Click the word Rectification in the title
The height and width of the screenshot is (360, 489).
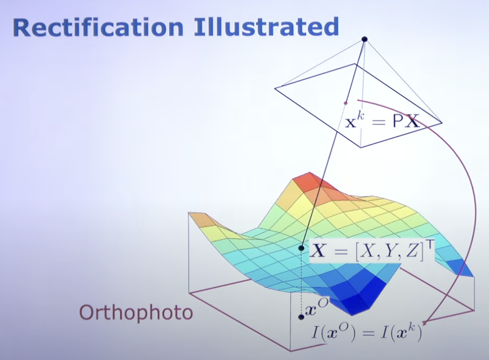pyautogui.click(x=98, y=27)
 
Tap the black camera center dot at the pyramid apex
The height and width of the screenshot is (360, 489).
pyautogui.click(x=364, y=39)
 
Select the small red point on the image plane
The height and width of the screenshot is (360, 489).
pyautogui.click(x=346, y=103)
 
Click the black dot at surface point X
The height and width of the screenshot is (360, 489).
pyautogui.click(x=301, y=248)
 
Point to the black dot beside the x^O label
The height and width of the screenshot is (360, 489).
pyautogui.click(x=301, y=317)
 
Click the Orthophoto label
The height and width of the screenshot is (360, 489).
pyautogui.click(x=136, y=312)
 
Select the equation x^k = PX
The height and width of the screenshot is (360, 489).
pyautogui.click(x=382, y=121)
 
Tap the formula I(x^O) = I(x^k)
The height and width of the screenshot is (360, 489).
pyautogui.click(x=367, y=332)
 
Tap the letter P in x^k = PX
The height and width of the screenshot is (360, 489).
pyautogui.click(x=398, y=121)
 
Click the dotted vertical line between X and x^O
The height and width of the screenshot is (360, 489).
pyautogui.click(x=301, y=282)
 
